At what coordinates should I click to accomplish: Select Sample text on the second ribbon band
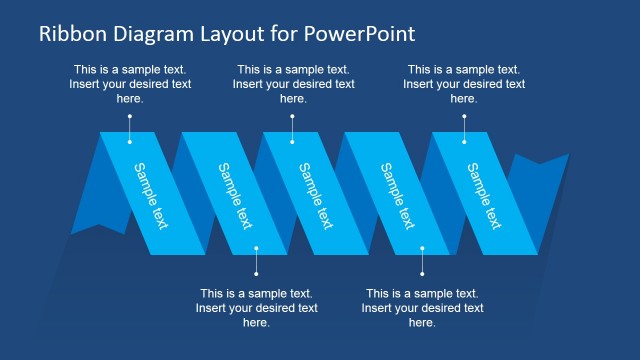coord(234,195)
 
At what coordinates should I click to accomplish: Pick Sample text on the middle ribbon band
coord(316,195)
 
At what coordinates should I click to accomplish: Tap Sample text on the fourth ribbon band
coord(398,195)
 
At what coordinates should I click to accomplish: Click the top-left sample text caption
coord(130,84)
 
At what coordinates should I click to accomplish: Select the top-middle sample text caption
coord(293,84)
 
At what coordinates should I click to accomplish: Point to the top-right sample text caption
coord(464,84)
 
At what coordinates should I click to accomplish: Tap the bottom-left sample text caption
coord(256,308)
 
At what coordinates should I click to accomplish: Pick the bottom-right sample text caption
coord(422,308)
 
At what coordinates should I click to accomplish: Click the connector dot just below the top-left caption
coord(130,116)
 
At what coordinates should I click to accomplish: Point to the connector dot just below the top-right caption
coord(464,116)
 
